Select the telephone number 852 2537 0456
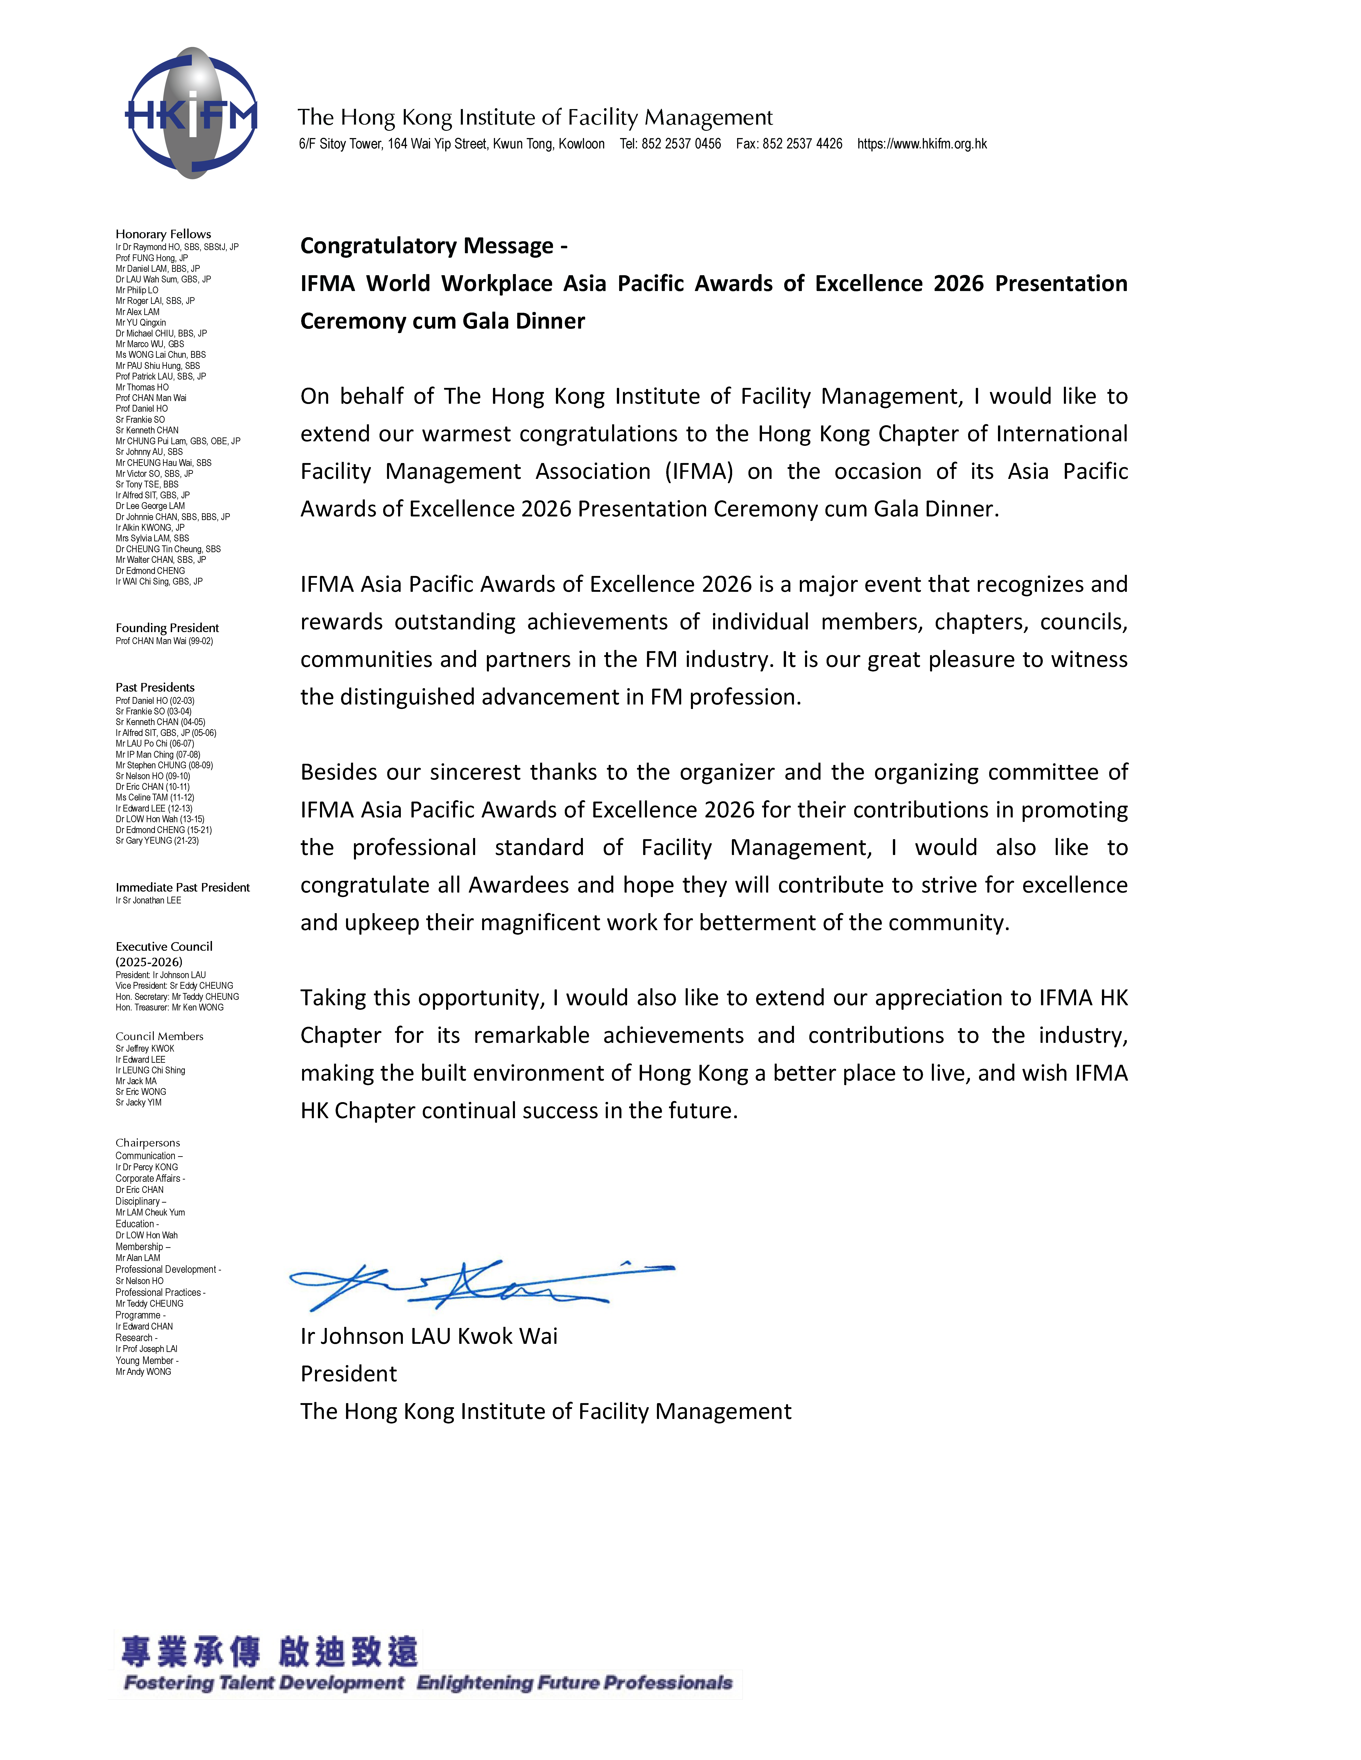click(x=681, y=144)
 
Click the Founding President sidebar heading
click(x=167, y=628)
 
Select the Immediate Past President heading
click(x=182, y=887)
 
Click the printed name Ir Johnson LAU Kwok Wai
click(x=429, y=1336)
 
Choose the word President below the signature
click(x=348, y=1374)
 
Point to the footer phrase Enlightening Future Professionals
click(x=574, y=1684)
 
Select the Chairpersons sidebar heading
click(x=148, y=1143)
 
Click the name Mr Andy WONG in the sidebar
click(x=144, y=1372)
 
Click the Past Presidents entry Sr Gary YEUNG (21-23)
click(x=157, y=841)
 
